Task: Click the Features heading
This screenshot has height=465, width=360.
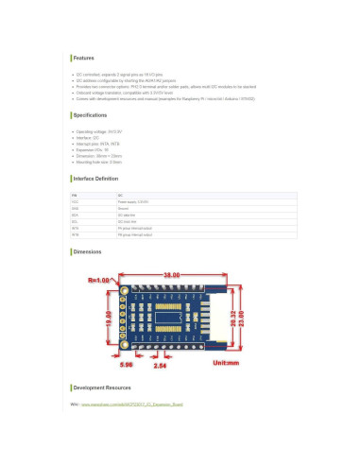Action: (84, 58)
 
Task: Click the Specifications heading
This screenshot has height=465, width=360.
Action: (90, 115)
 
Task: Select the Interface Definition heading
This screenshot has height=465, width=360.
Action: (95, 179)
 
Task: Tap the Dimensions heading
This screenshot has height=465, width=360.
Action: (87, 252)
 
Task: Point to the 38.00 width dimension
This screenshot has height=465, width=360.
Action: (171, 274)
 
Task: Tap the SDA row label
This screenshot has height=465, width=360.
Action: (75, 215)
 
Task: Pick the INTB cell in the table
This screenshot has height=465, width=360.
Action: (75, 234)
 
